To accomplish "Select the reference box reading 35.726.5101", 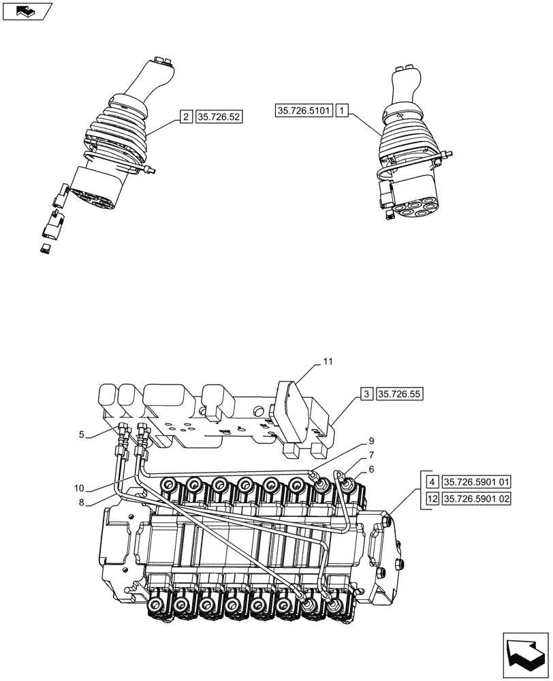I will pos(304,110).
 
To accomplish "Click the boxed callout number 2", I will pos(186,117).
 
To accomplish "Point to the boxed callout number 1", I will pos(343,110).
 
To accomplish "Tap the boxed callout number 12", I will pos(431,499).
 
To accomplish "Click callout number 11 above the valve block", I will pos(328,361).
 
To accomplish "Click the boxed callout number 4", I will pos(431,482).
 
